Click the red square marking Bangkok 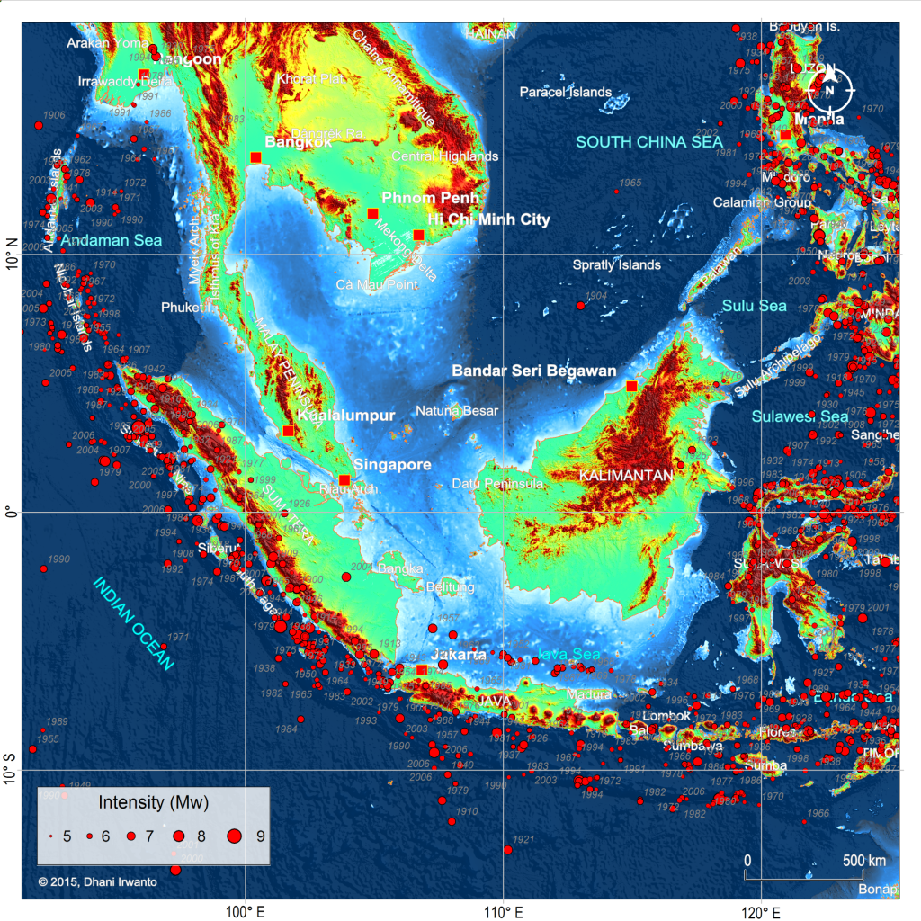[255, 158]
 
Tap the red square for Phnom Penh [372, 214]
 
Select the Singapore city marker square [344, 480]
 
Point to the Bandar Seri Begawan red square [631, 386]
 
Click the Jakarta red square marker [422, 670]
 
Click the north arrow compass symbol [829, 88]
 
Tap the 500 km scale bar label [864, 861]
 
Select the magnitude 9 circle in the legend [235, 836]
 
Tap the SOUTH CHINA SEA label [649, 141]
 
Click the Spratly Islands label [617, 264]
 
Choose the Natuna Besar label [456, 411]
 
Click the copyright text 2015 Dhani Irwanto [97, 881]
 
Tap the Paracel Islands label [565, 92]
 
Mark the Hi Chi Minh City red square [418, 236]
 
